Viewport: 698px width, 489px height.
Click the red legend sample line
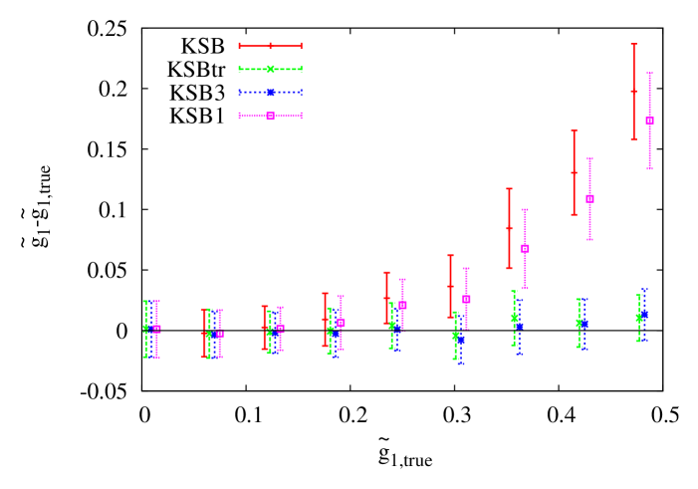coord(254,46)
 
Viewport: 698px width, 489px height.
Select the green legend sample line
coord(254,69)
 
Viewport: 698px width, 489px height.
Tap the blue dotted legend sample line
coord(254,93)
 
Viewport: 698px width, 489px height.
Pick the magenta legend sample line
coord(254,116)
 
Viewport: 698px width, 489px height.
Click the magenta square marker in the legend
coord(270,116)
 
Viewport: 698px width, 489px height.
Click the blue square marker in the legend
coord(270,93)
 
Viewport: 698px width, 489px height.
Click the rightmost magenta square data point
coord(649,121)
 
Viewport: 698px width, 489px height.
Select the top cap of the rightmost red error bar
coord(633,45)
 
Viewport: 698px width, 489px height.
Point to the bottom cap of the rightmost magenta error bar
coord(649,168)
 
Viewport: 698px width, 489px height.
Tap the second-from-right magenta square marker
coord(589,198)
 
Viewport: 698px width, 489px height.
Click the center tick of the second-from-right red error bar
coord(574,172)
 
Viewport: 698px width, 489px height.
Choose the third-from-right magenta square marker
coord(525,248)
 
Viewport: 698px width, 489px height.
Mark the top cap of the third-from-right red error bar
coord(509,189)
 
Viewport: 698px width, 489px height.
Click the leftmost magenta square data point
coord(156,328)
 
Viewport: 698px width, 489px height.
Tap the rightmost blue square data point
coord(644,316)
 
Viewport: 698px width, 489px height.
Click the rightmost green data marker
coord(638,319)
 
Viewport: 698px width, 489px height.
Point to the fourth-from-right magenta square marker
coord(466,299)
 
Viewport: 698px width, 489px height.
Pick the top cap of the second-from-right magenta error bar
coord(589,158)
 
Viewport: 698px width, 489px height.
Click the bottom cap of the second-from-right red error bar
coord(574,214)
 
